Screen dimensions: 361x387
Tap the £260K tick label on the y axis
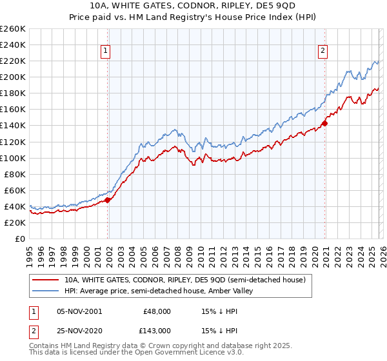13,29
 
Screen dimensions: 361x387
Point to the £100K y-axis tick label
13,158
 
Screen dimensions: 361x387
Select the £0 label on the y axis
20,239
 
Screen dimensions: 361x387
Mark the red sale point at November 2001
108,200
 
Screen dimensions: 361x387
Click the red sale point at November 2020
324,123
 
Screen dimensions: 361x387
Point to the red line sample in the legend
46,280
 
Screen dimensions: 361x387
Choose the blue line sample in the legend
46,291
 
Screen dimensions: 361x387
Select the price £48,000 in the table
157,311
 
